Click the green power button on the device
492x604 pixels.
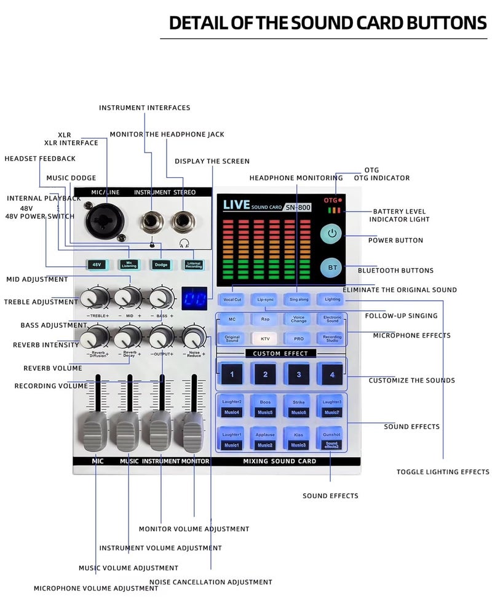(x=333, y=234)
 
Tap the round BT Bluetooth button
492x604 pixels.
(x=333, y=268)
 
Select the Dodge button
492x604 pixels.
(x=160, y=264)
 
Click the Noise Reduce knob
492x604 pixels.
(x=194, y=337)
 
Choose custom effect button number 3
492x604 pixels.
(x=298, y=374)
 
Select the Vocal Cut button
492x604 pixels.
(x=232, y=299)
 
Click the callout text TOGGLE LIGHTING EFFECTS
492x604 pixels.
(x=443, y=472)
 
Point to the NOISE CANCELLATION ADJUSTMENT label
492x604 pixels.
(x=211, y=582)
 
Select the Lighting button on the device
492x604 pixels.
(x=332, y=299)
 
